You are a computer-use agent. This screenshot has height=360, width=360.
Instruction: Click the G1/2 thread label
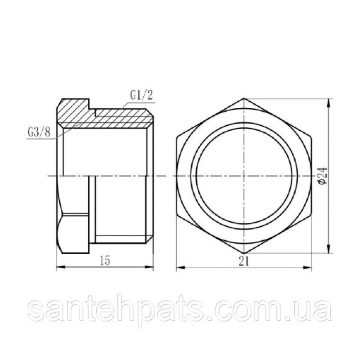coord(142,96)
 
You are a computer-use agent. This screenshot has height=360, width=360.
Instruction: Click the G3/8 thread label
coord(39,132)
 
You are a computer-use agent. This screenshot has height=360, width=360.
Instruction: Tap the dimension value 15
coord(105,261)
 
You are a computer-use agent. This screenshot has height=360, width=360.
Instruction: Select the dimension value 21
coord(243,261)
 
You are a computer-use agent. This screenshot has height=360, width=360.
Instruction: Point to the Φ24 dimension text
coord(323,176)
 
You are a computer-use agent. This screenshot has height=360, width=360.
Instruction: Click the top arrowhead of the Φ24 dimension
coord(330,103)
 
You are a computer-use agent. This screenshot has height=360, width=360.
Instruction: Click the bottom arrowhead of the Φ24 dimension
coord(330,249)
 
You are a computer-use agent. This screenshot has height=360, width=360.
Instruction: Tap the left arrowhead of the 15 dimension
coord(61,267)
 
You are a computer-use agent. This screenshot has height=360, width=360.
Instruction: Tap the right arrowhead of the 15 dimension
coord(149,267)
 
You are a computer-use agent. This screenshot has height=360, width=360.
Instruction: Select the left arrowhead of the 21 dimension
coord(181,268)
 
